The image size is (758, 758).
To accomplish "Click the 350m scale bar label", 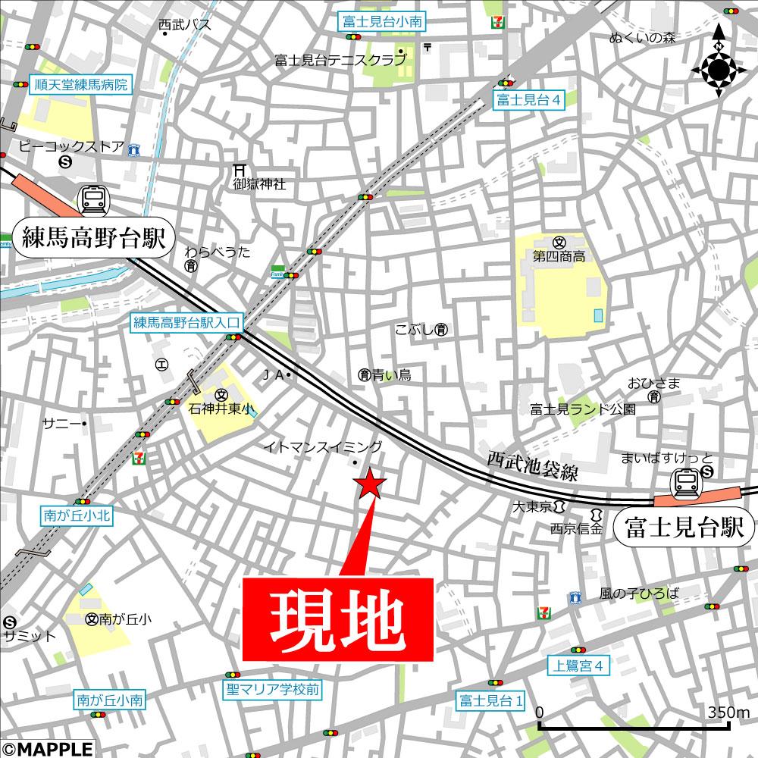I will (729, 713).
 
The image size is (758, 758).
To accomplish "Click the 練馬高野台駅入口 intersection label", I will (186, 322).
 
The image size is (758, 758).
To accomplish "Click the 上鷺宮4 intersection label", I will (578, 667).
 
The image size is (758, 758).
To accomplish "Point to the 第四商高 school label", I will (559, 256).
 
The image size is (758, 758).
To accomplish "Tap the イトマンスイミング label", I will (322, 447).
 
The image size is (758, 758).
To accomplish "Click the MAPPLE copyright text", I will (47, 749).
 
